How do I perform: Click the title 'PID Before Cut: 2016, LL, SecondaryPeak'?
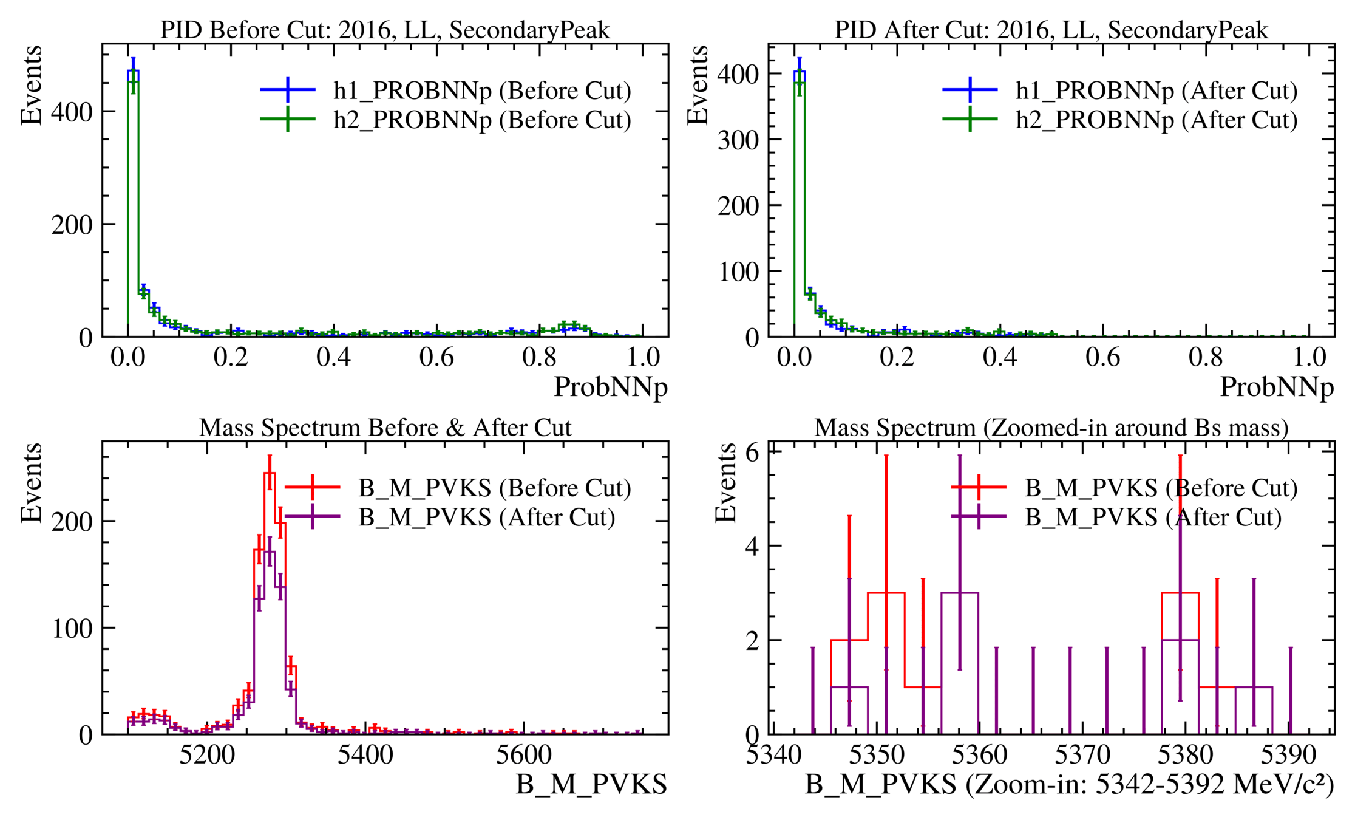(x=385, y=30)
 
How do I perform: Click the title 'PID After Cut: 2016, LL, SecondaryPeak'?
(x=1051, y=30)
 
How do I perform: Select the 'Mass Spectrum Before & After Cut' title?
(x=385, y=428)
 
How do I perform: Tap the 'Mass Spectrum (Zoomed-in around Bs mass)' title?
(x=1051, y=428)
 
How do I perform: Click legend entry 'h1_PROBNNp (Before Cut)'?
(x=481, y=91)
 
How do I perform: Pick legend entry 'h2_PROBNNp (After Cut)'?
(x=1156, y=120)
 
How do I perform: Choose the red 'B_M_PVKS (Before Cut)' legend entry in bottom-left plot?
(x=494, y=488)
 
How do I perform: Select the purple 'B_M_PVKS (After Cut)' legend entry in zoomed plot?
(x=1153, y=518)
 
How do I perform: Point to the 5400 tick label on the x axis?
(x=365, y=755)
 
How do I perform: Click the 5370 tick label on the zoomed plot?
(x=1082, y=755)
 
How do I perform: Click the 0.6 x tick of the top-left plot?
(x=436, y=357)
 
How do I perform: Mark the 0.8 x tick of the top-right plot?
(x=1206, y=357)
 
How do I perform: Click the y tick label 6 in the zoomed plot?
(x=752, y=453)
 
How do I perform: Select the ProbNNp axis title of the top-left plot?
(x=610, y=387)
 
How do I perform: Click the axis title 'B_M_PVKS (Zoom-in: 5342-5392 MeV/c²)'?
(x=1069, y=785)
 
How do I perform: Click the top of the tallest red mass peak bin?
(x=270, y=473)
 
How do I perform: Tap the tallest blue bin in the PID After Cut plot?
(x=800, y=72)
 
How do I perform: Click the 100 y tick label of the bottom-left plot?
(x=72, y=628)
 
